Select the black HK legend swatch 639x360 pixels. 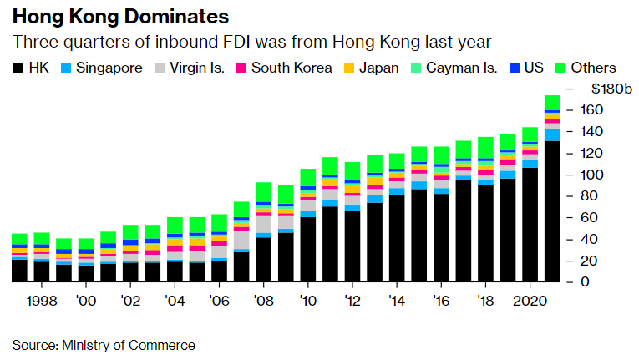coord(18,68)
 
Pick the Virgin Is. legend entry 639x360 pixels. coord(196,68)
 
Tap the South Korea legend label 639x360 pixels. coord(292,68)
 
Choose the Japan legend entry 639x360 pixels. coord(378,68)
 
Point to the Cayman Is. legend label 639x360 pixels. coord(464,68)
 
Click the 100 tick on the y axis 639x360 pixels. coord(591,175)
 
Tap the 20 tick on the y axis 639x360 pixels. coord(588,261)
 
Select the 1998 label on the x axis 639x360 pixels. coord(41,300)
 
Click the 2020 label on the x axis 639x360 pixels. coord(530,300)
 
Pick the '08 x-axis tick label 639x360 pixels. coord(263,300)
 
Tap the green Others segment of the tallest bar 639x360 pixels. coord(552,103)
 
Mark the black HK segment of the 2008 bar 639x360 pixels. coord(263,260)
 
